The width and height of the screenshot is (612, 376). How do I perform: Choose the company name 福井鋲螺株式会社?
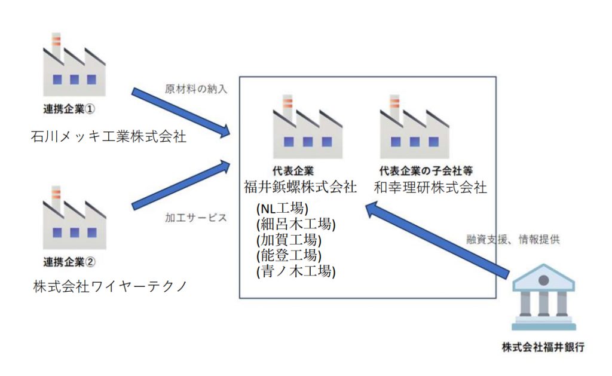[x=300, y=187]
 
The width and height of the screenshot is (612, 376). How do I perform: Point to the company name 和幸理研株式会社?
[x=430, y=187]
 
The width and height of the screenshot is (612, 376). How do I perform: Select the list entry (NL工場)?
[x=282, y=209]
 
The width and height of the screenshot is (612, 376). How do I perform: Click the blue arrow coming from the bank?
[x=439, y=239]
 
